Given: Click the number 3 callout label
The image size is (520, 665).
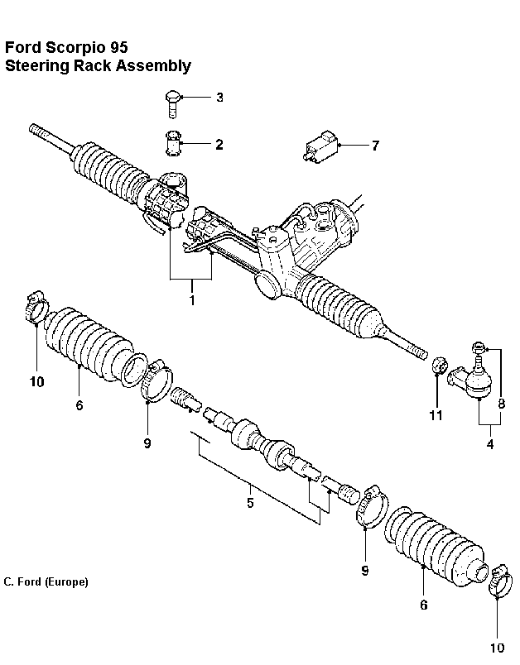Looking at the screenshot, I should click(x=219, y=98).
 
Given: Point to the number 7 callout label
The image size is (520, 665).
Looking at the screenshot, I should click(x=375, y=146).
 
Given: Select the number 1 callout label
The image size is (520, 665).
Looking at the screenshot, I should click(x=192, y=300).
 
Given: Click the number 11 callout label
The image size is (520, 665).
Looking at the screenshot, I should click(x=436, y=415).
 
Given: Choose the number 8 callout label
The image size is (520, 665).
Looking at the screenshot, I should click(x=501, y=404).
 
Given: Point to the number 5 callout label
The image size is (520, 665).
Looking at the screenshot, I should click(x=250, y=502).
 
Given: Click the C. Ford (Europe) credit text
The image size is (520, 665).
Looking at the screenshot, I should click(x=46, y=581).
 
